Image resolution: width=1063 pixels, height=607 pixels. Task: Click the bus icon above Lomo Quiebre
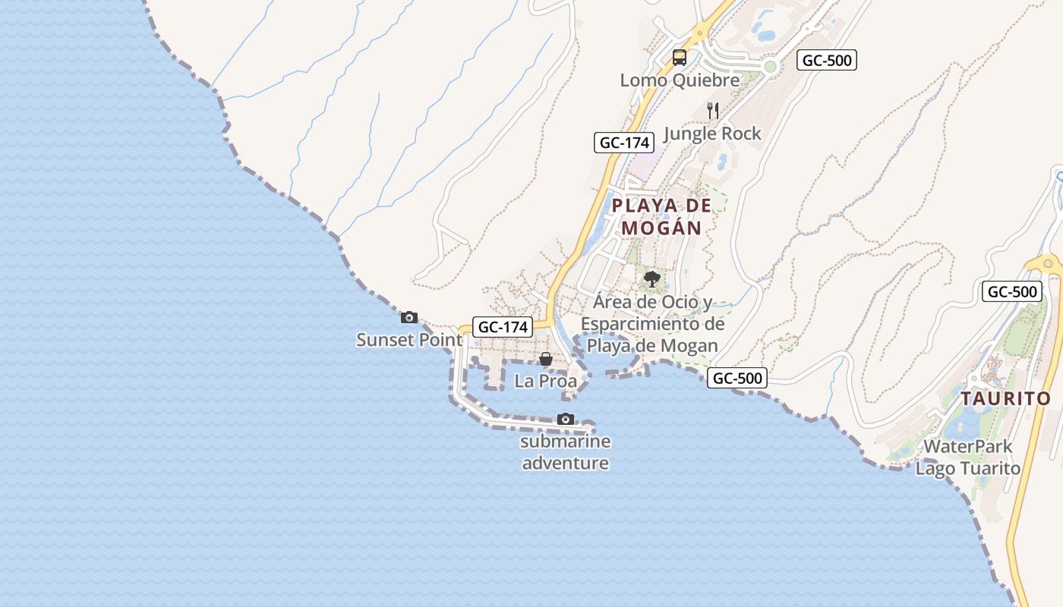(680, 58)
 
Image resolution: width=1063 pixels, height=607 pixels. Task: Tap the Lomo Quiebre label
(680, 80)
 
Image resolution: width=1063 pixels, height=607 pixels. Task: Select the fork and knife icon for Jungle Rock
(713, 111)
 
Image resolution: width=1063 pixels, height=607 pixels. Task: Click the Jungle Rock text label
(712, 134)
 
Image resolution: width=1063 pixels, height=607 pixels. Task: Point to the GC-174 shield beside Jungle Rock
(624, 142)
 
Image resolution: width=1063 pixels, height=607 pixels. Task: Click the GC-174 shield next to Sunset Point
(502, 327)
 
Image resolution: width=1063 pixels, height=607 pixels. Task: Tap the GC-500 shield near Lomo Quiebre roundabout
(827, 61)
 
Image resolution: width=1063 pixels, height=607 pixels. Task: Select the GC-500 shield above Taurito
(1011, 291)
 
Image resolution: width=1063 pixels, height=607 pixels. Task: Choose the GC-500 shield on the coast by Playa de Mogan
(737, 378)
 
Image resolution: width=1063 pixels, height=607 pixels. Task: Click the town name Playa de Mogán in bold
(662, 216)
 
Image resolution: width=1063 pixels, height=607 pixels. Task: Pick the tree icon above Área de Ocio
(651, 279)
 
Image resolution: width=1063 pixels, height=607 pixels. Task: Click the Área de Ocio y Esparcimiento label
(653, 324)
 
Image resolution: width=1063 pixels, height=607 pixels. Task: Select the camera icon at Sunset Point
(409, 317)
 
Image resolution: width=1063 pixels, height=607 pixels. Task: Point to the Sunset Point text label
(409, 340)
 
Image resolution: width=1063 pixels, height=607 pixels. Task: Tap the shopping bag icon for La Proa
(546, 359)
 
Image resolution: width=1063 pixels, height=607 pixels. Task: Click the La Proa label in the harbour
(546, 381)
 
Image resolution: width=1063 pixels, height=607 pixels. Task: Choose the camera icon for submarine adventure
(566, 419)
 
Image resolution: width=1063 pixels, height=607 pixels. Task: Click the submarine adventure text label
(566, 452)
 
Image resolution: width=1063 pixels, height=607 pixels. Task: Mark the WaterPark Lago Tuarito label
(968, 458)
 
